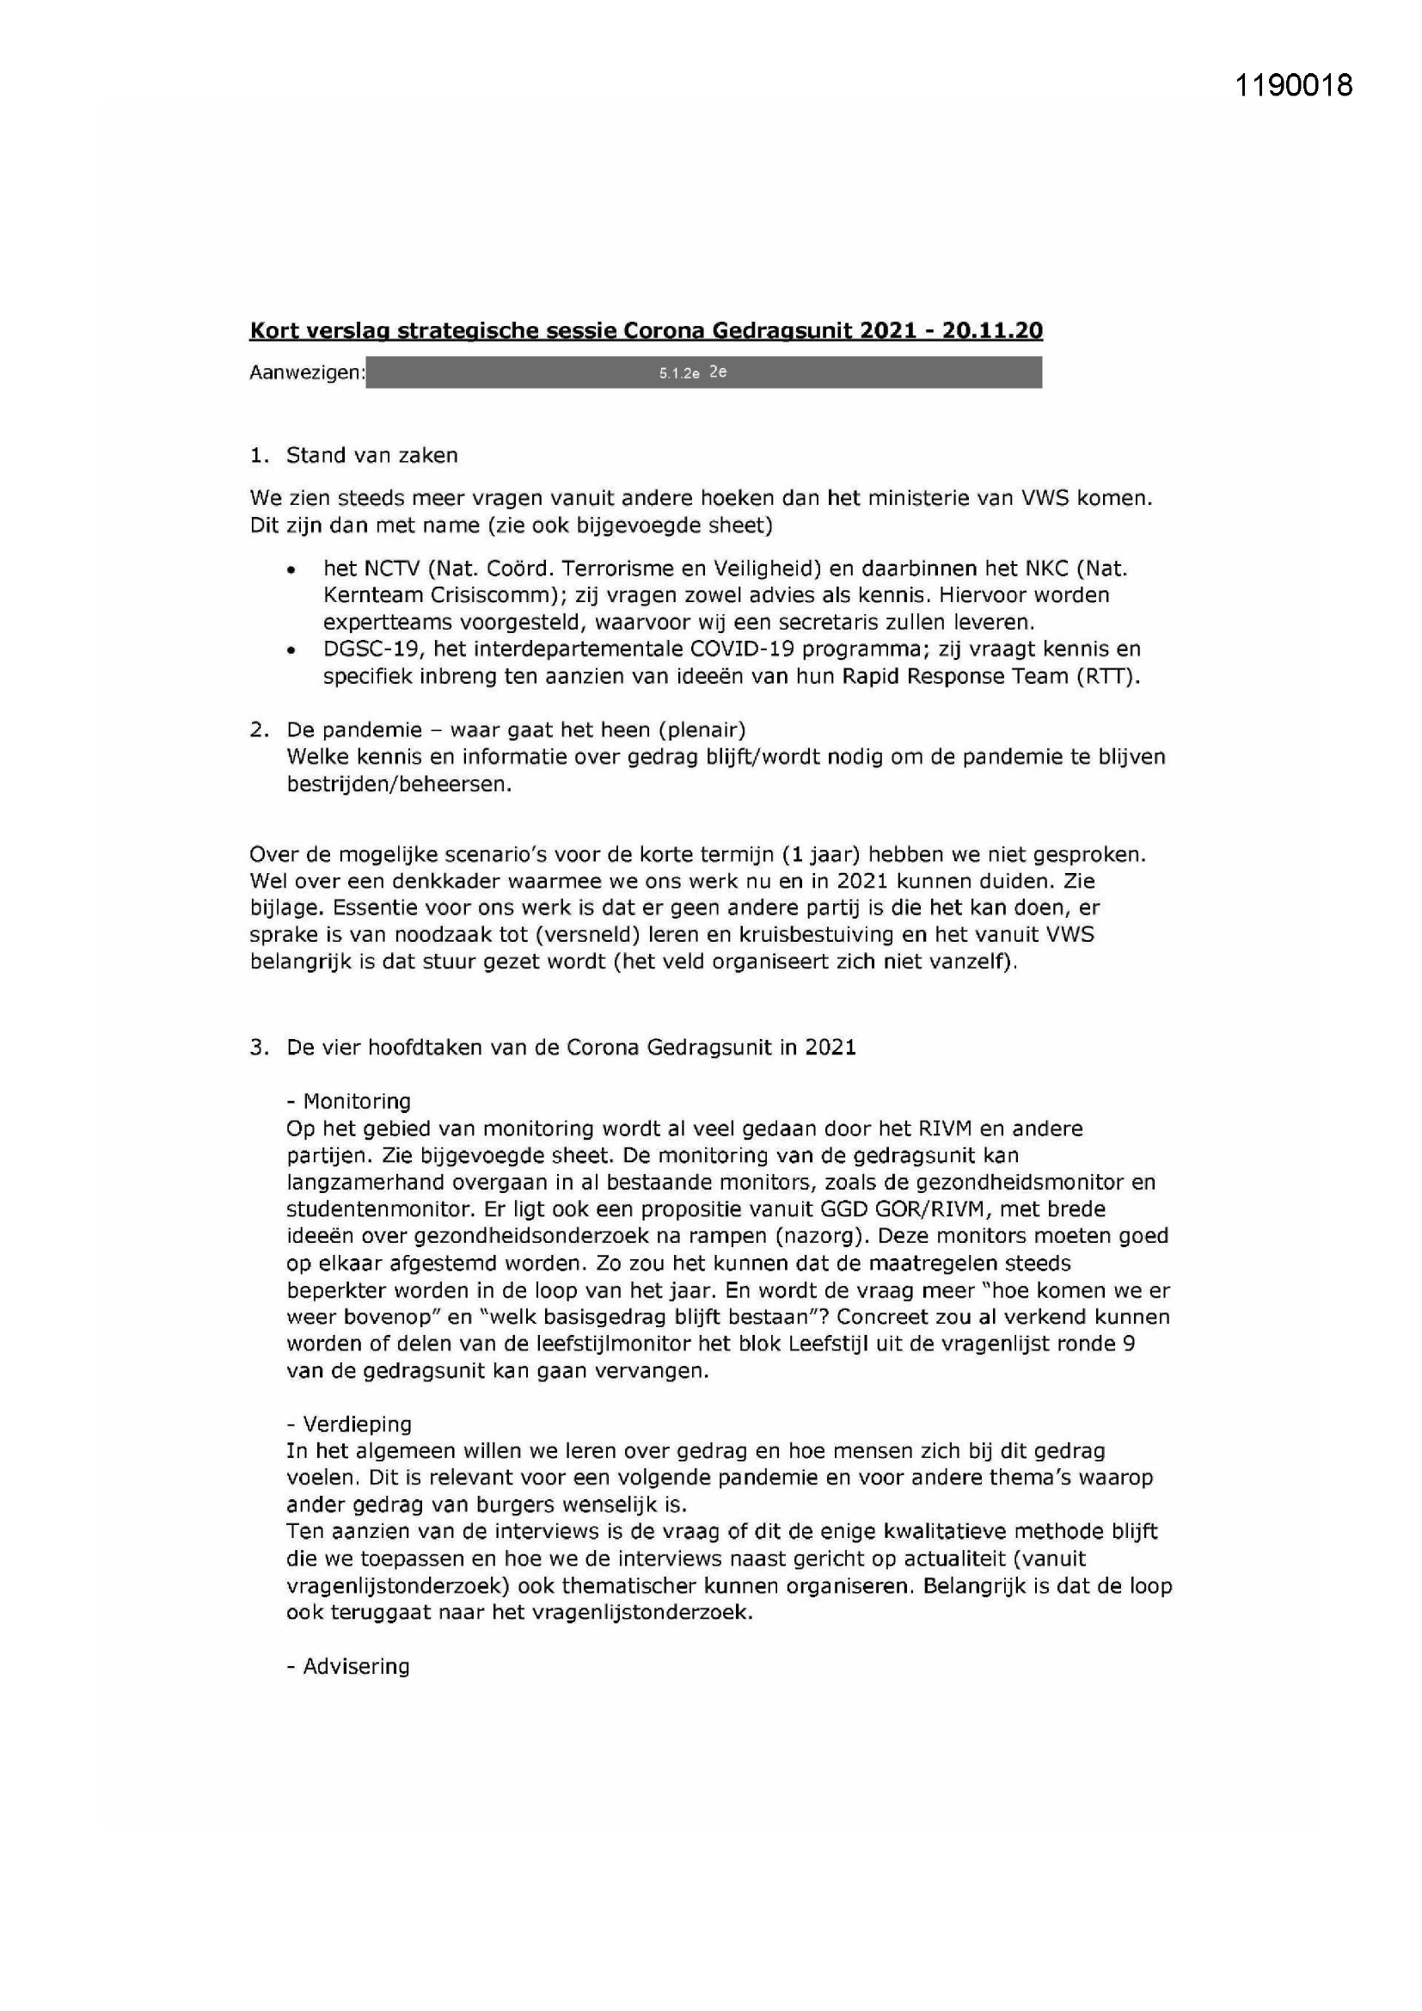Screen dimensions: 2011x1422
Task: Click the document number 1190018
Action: tap(1293, 85)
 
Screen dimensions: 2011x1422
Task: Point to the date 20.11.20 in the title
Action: tap(992, 330)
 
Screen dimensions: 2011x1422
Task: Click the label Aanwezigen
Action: tap(306, 372)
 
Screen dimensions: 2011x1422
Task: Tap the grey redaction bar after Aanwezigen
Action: tap(703, 372)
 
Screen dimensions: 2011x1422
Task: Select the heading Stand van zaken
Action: tap(371, 456)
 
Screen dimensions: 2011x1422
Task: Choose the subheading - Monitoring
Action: tap(348, 1101)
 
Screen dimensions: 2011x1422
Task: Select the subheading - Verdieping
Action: tap(348, 1424)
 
